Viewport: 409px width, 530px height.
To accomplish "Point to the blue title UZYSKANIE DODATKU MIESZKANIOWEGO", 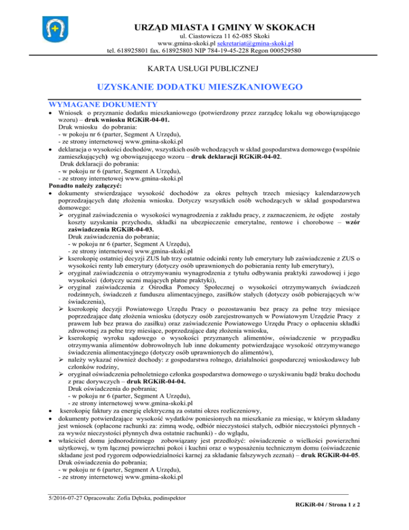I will coord(205,87).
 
